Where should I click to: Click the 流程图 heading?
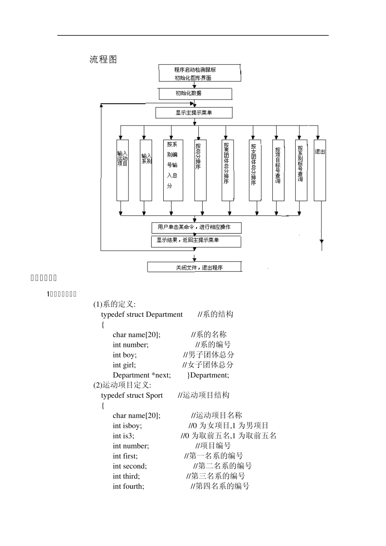[x=103, y=59]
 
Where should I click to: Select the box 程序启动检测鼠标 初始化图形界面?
[x=199, y=74]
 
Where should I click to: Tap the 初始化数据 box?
[x=195, y=93]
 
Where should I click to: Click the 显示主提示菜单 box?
[x=194, y=113]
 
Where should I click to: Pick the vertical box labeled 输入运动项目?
[x=122, y=170]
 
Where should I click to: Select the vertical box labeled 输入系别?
[x=146, y=170]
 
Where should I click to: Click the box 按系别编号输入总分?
[x=173, y=170]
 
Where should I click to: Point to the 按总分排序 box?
[x=200, y=170]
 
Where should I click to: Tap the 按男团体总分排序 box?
[x=228, y=170]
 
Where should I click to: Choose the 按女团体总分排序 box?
[x=255, y=170]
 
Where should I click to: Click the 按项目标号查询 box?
[x=278, y=170]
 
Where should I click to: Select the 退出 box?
[x=320, y=170]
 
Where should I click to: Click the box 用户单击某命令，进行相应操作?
[x=196, y=227]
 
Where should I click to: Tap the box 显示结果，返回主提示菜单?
[x=196, y=241]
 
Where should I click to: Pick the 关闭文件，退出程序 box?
[x=194, y=267]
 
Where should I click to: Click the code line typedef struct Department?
[x=142, y=314]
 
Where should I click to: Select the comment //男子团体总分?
[x=208, y=355]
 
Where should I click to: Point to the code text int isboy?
[x=127, y=426]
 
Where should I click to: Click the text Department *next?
[x=142, y=375]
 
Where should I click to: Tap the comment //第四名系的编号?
[x=220, y=486]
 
